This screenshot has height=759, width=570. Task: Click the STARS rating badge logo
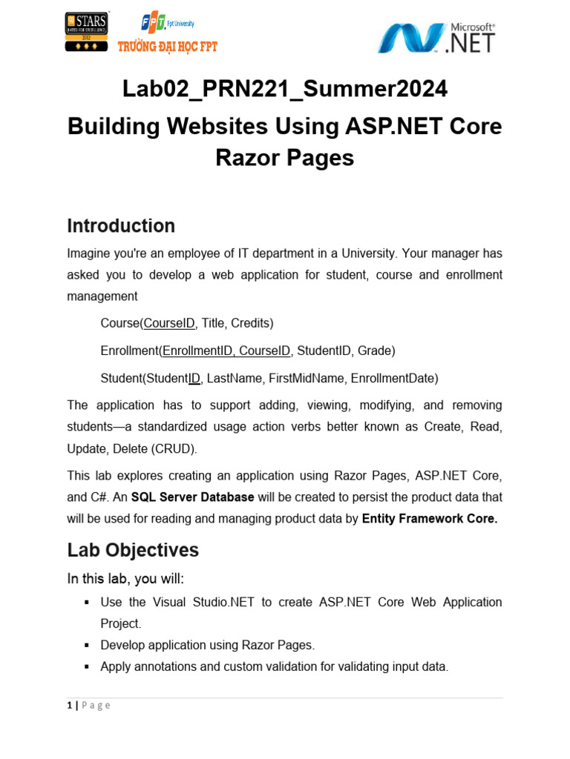tap(87, 32)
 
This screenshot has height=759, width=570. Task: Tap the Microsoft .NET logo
tap(436, 37)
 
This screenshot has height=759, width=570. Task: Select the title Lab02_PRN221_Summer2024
tap(284, 89)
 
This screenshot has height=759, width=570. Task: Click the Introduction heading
tap(121, 226)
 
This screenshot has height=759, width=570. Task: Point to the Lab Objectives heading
tap(133, 550)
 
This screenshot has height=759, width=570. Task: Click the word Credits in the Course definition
tap(252, 323)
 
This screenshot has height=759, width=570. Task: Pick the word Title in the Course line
tap(214, 323)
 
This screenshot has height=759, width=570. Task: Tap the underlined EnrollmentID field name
tap(197, 351)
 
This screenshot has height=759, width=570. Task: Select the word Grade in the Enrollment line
tap(377, 351)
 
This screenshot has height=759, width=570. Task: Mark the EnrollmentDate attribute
tap(393, 378)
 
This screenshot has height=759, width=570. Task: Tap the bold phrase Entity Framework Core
tap(429, 519)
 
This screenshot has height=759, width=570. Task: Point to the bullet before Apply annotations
tap(87, 667)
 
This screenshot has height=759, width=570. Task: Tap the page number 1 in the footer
tap(70, 706)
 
